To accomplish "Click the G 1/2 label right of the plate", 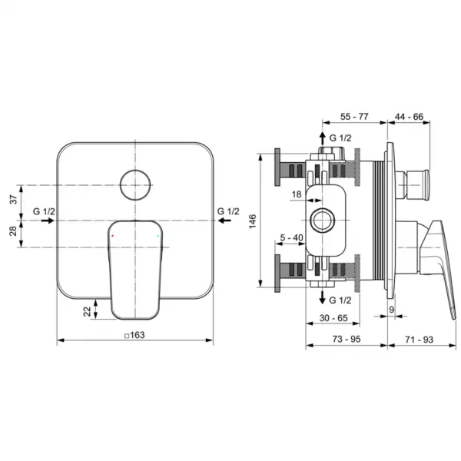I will tap(227, 211).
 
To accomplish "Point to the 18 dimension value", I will tap(296, 196).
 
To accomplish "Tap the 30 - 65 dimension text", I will tap(333, 317).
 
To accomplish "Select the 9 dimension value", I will tap(391, 309).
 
